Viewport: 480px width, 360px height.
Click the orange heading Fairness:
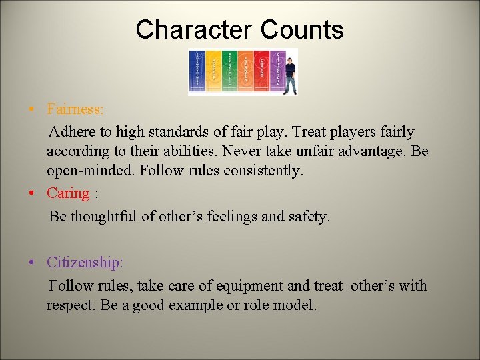point(75,108)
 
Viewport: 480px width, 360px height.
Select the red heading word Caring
point(67,193)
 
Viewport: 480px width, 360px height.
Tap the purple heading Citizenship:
point(85,263)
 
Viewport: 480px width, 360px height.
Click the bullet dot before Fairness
point(33,109)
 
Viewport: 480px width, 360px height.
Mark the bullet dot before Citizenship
point(33,263)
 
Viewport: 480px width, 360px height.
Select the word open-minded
point(91,171)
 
